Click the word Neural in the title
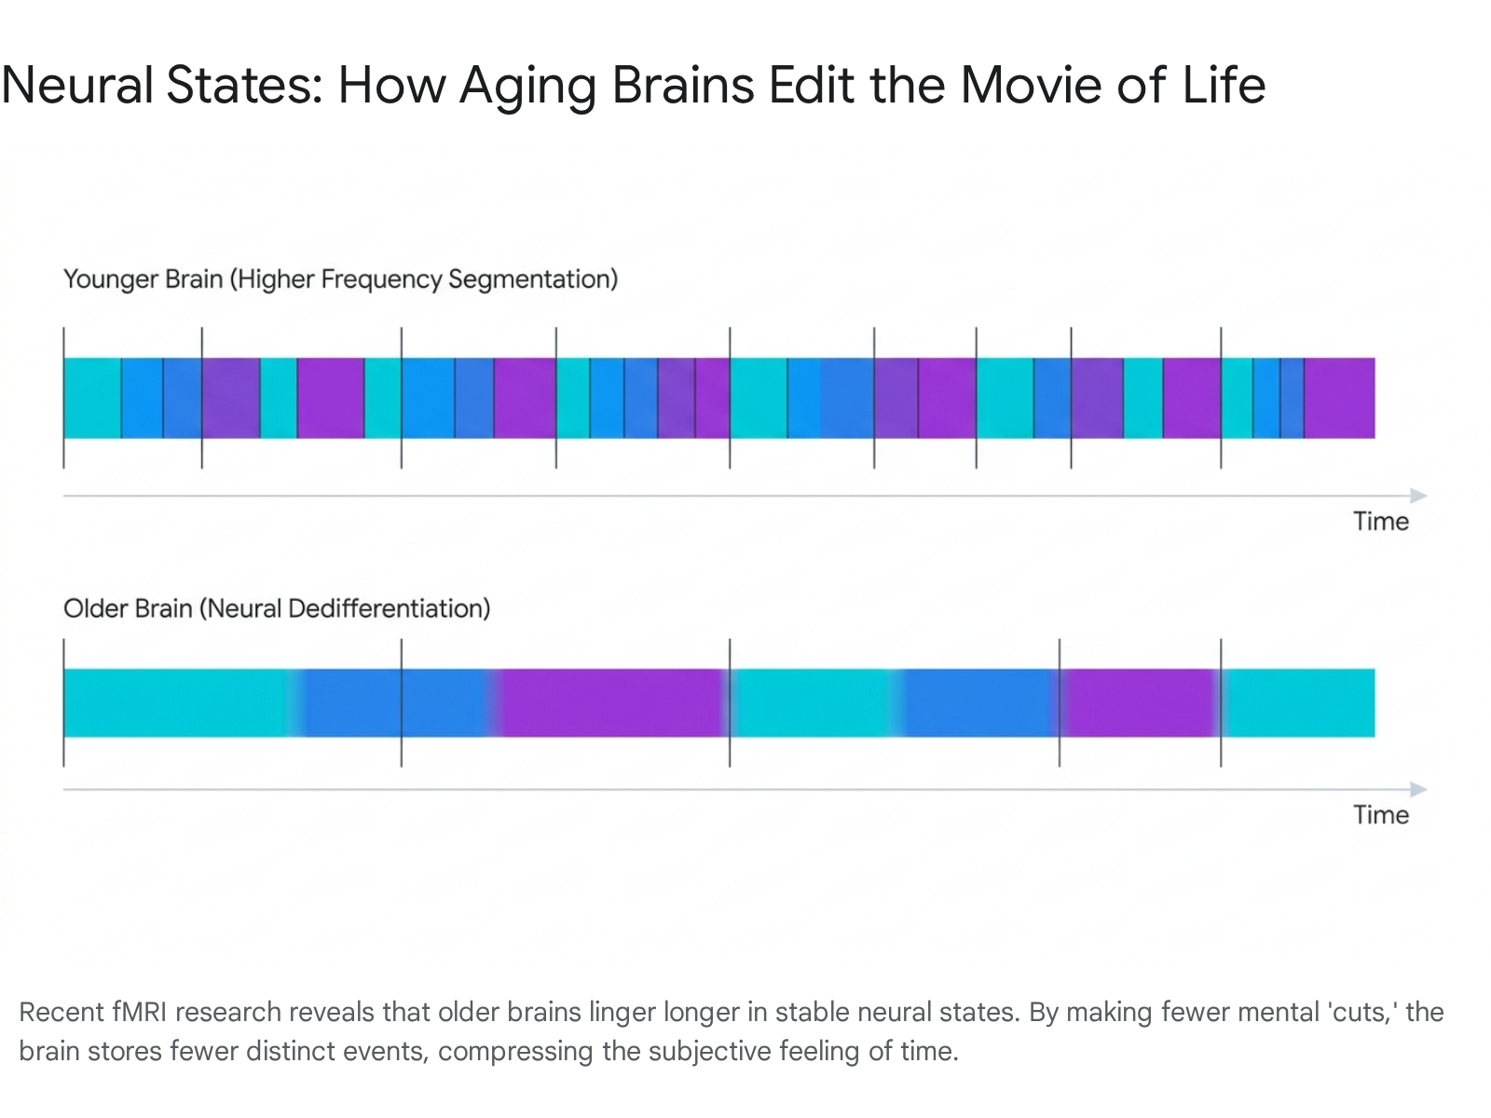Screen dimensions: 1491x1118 pyautogui.click(x=76, y=86)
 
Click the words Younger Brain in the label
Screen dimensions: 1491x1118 pyautogui.click(x=143, y=279)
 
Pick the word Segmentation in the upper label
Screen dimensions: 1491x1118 pyautogui.click(x=532, y=279)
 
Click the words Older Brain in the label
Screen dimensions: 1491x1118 pyautogui.click(x=128, y=608)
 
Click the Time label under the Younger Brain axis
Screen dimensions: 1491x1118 pyautogui.click(x=1380, y=522)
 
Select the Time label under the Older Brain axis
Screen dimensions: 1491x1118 pyautogui.click(x=1380, y=814)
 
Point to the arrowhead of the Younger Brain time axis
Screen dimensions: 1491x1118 pyautogui.click(x=1419, y=496)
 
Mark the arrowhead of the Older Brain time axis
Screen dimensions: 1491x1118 pyautogui.click(x=1419, y=789)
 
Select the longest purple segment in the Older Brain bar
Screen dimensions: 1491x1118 pyautogui.click(x=611, y=702)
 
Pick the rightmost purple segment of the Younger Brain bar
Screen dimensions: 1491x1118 pyautogui.click(x=1339, y=398)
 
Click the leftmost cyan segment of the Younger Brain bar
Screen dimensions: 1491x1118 pyautogui.click(x=92, y=398)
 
